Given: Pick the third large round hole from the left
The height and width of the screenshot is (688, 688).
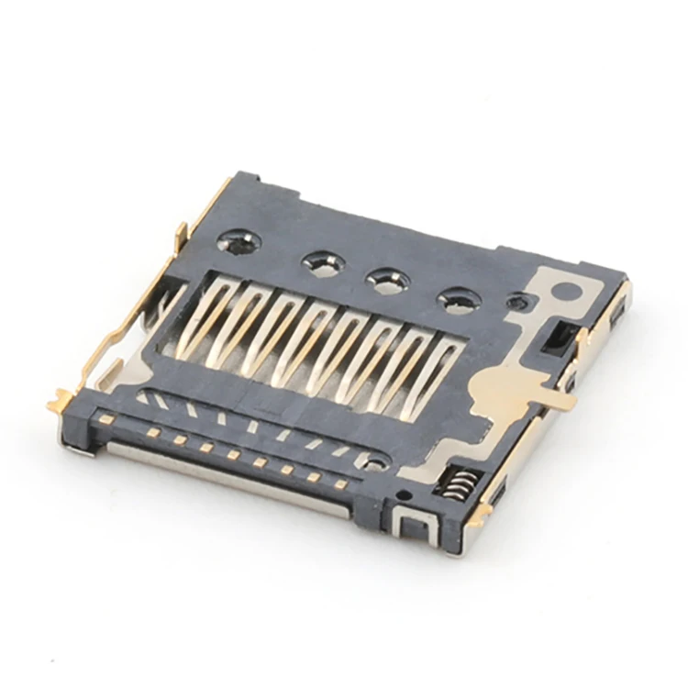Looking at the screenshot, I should click(x=388, y=281).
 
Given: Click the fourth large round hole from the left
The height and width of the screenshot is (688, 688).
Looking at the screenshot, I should click(x=459, y=300).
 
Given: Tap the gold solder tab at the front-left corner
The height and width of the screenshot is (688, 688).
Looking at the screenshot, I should click(x=62, y=401).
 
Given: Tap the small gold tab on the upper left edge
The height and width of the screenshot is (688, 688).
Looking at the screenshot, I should click(x=182, y=231).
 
